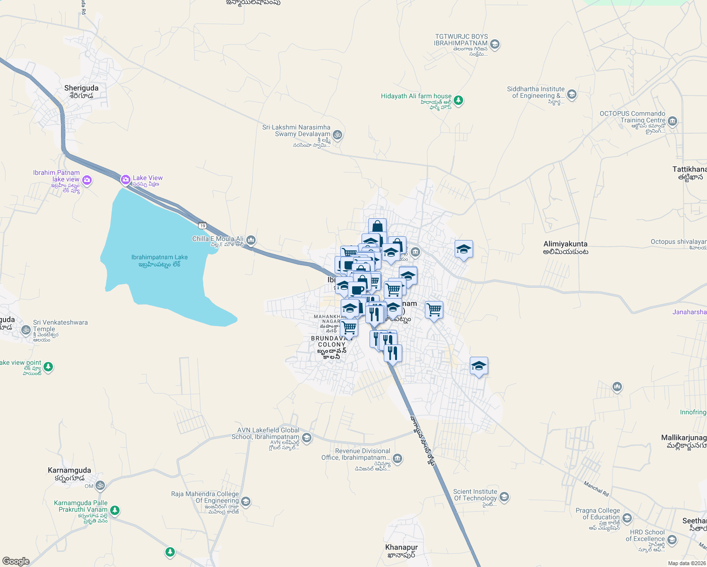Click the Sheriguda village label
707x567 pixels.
pyautogui.click(x=81, y=88)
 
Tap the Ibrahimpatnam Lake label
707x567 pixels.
pyautogui.click(x=159, y=258)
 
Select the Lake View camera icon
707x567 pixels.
pyautogui.click(x=125, y=180)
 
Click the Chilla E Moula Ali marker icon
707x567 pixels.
pyautogui.click(x=251, y=241)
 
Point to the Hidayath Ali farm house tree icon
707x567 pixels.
pyautogui.click(x=458, y=101)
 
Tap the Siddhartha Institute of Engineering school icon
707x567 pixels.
pyautogui.click(x=572, y=94)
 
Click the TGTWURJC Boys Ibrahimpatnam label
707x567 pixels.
pyautogui.click(x=461, y=40)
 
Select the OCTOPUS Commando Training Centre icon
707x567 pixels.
pyautogui.click(x=673, y=121)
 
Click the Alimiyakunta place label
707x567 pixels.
pyautogui.click(x=565, y=244)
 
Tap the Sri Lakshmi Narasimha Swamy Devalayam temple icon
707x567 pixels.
pyautogui.click(x=337, y=135)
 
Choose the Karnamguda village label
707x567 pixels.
pyautogui.click(x=69, y=471)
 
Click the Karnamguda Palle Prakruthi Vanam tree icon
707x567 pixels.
pyautogui.click(x=114, y=511)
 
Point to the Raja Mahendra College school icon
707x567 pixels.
pyautogui.click(x=246, y=501)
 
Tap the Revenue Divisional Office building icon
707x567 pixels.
pyautogui.click(x=397, y=458)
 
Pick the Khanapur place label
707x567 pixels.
pyautogui.click(x=402, y=548)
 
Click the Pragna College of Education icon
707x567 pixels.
pyautogui.click(x=627, y=518)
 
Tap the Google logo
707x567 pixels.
pyautogui.click(x=16, y=561)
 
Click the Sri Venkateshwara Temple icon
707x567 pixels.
pyautogui.click(x=26, y=330)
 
